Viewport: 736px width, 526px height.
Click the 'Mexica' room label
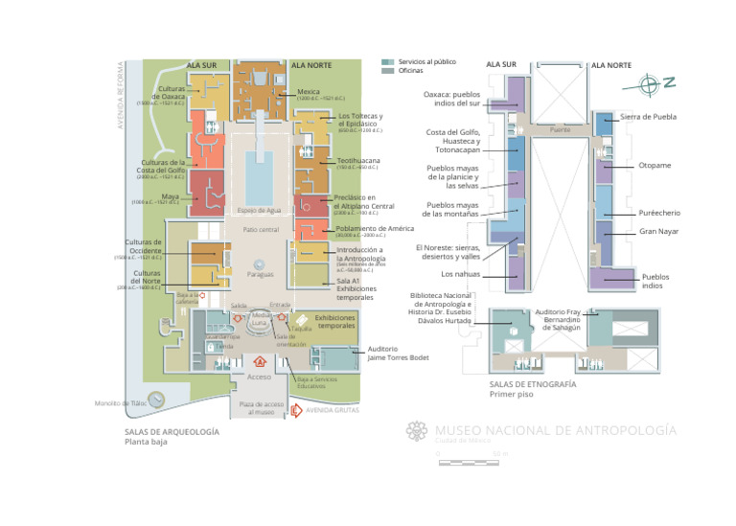[309, 92]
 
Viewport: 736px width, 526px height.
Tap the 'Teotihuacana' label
[358, 161]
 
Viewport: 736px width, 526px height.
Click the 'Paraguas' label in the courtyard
[260, 274]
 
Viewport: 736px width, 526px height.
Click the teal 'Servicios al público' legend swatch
[387, 60]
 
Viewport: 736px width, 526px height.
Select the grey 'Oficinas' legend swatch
[387, 71]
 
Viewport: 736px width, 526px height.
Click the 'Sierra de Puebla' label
[648, 117]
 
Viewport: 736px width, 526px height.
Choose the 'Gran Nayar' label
[657, 232]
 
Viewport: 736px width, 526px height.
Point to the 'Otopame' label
[655, 166]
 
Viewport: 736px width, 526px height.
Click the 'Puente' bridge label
[561, 128]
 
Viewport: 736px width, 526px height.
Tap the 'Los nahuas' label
[460, 275]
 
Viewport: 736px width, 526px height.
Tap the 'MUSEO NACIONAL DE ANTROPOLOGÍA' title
[555, 430]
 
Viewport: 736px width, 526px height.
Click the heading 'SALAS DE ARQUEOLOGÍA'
[171, 432]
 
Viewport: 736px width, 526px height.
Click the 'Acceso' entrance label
[260, 377]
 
